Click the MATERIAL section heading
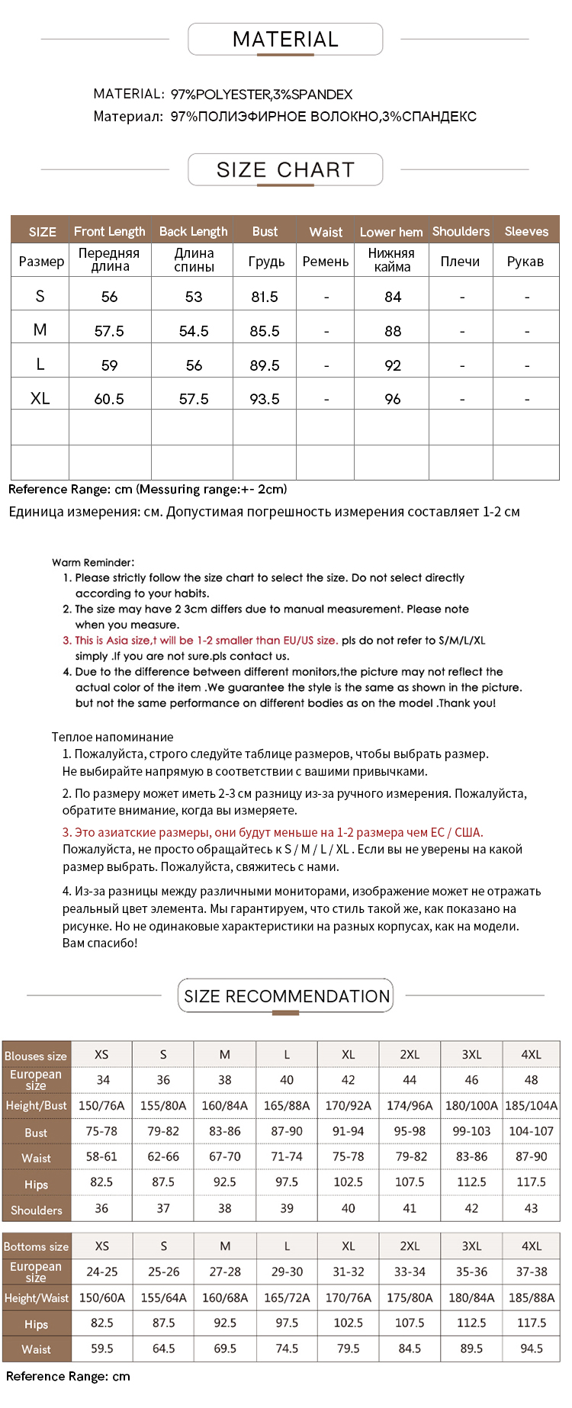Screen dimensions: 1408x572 point(285,40)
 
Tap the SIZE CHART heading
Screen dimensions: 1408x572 point(285,170)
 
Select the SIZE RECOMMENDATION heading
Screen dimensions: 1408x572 point(286,996)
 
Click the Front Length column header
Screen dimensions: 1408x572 point(109,231)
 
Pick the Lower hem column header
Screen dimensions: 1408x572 point(391,232)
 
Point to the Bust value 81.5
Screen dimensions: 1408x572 point(265,297)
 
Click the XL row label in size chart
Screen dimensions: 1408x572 point(40,398)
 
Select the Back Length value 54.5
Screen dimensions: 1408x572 point(194,331)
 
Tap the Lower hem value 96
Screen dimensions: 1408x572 point(393,399)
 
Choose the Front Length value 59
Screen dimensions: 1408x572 point(109,365)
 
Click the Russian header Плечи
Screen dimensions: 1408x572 point(460,261)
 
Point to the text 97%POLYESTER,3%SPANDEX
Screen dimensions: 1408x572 point(262,95)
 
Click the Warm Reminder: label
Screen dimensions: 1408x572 point(93,562)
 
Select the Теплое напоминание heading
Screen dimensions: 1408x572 point(113,737)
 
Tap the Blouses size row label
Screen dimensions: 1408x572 point(36,1056)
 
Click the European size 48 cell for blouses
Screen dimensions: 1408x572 point(531,1080)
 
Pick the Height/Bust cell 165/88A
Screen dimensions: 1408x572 point(287,1105)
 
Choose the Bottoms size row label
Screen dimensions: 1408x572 point(36,1246)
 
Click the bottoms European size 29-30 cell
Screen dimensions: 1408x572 point(287,1271)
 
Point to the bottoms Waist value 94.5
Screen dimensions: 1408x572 point(531,1349)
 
